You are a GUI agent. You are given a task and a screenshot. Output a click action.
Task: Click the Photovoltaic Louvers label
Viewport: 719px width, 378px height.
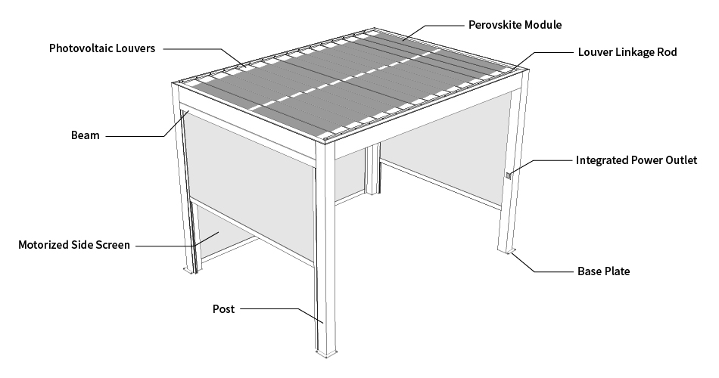(x=102, y=48)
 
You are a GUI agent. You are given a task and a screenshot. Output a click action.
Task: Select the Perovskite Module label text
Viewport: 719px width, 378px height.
(x=515, y=25)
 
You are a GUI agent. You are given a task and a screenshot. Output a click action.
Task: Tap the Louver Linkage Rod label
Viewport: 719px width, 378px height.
(x=627, y=52)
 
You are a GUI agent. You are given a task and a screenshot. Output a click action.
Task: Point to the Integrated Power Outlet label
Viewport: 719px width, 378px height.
(x=637, y=160)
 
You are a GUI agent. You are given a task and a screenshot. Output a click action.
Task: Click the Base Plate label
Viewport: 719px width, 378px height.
(x=603, y=271)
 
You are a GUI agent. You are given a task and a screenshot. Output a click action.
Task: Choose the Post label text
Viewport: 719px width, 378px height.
(x=223, y=309)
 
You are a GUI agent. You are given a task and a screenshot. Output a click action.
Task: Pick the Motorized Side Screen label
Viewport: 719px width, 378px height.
(x=74, y=245)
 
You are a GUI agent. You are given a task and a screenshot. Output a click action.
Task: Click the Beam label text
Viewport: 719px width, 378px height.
(x=86, y=135)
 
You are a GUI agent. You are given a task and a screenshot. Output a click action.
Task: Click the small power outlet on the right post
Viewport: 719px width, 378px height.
(x=508, y=175)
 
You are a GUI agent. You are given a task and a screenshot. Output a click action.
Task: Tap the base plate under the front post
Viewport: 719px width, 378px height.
(x=326, y=353)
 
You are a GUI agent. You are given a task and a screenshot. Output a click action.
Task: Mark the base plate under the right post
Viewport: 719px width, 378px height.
(x=507, y=250)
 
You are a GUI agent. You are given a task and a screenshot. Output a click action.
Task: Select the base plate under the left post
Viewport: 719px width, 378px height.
(x=189, y=271)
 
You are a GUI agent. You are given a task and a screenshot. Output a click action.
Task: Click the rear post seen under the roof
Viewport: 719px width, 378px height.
(x=372, y=169)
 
